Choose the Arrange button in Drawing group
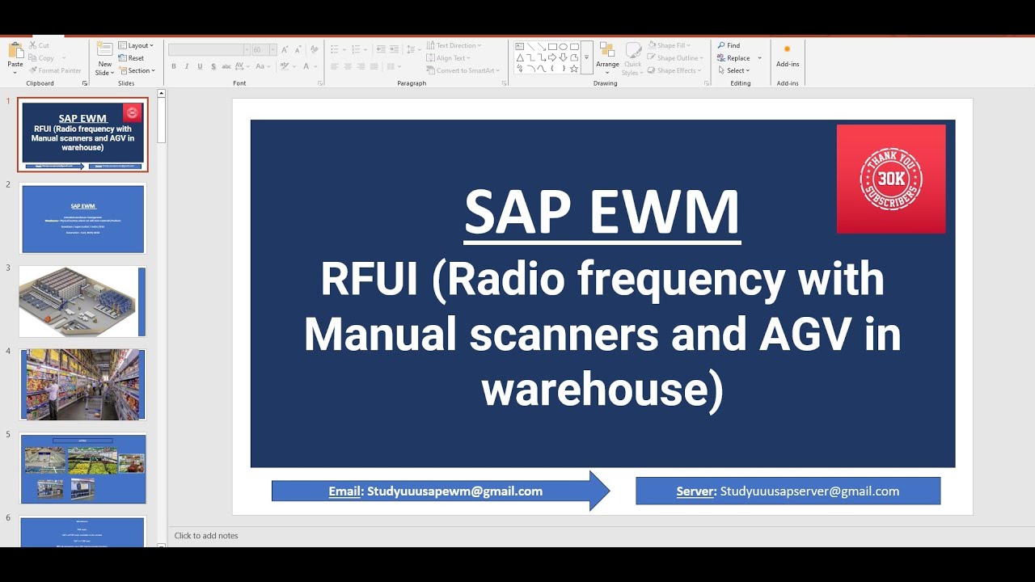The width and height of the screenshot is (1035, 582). click(607, 57)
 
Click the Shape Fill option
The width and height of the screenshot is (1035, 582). click(670, 45)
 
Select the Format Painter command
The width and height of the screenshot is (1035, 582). click(56, 70)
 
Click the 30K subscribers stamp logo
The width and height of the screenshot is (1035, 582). click(890, 179)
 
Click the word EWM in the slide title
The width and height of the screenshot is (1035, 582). click(665, 213)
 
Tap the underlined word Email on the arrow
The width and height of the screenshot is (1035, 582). click(344, 491)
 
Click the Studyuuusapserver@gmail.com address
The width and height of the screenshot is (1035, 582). click(809, 491)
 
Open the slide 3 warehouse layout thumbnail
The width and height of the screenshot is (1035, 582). click(82, 302)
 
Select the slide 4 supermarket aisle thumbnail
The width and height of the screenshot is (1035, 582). click(82, 385)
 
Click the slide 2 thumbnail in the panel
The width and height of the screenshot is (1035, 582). click(82, 218)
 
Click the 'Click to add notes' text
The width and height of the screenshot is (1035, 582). click(206, 536)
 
